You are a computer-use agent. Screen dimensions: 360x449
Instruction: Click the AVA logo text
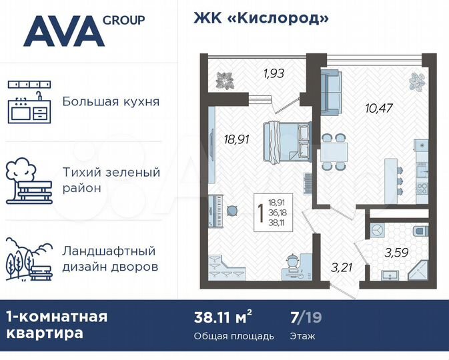click(63, 31)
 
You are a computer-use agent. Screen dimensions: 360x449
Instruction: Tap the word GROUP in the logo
click(123, 20)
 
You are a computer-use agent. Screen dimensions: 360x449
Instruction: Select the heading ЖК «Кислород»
click(261, 18)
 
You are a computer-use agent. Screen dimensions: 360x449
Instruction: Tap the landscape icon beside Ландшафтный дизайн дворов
click(29, 259)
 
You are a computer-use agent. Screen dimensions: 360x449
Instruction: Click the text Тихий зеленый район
click(111, 180)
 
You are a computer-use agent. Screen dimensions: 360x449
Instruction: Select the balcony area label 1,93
click(274, 73)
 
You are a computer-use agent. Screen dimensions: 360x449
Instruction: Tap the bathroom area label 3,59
click(398, 253)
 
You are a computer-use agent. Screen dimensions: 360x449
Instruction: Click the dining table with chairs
click(332, 153)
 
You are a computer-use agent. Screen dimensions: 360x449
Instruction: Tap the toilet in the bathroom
click(419, 231)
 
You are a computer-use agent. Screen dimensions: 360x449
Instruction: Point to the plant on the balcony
click(226, 79)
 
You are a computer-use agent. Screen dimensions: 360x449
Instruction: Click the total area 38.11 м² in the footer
click(223, 316)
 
